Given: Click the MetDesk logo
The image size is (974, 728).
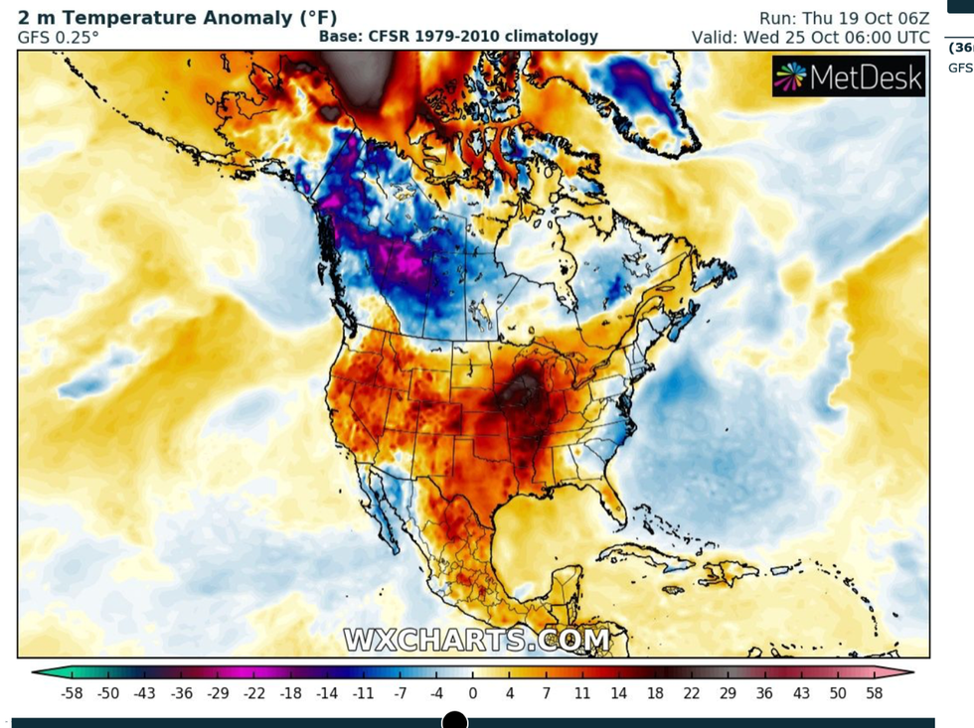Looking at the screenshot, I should click(849, 76).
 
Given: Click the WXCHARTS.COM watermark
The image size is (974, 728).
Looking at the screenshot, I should click(477, 640).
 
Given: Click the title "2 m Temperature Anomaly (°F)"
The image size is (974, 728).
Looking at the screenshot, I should click(177, 18).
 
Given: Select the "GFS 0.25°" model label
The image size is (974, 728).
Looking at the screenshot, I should click(58, 37).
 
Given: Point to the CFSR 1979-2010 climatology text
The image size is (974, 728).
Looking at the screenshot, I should click(458, 37).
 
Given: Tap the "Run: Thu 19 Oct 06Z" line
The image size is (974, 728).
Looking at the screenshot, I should click(844, 18).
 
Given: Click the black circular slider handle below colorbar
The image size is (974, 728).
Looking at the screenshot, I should click(454, 720).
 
